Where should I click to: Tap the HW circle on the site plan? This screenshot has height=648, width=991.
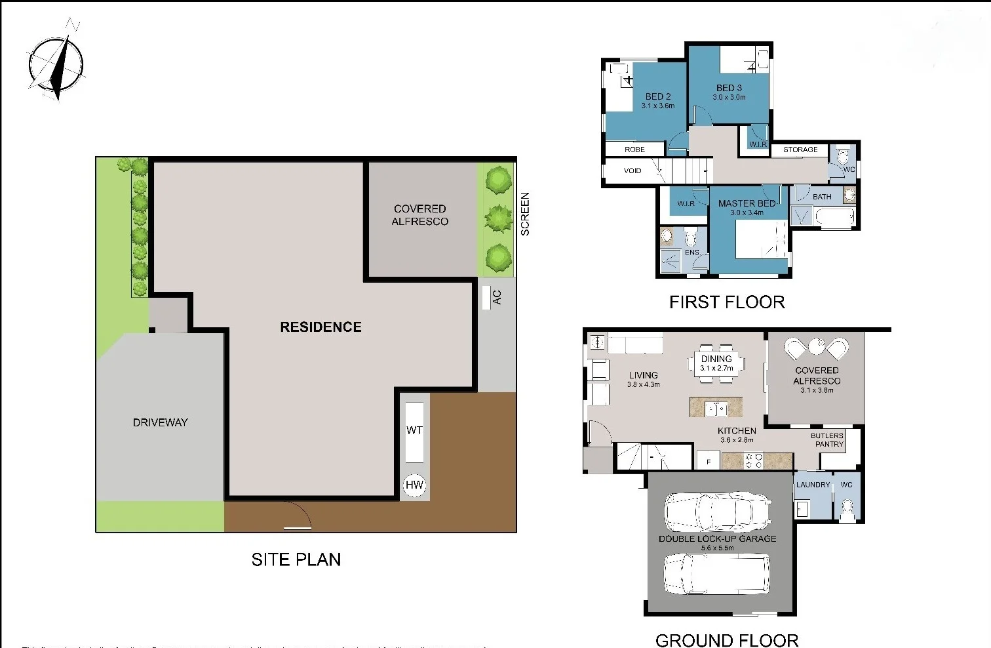(414, 485)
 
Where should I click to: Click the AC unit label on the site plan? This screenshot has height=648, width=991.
(496, 297)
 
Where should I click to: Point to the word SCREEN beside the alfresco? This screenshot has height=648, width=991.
(525, 214)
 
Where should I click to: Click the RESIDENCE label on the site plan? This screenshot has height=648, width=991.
(321, 327)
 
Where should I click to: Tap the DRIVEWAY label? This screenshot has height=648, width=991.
(160, 422)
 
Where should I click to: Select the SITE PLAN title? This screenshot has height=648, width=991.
(296, 559)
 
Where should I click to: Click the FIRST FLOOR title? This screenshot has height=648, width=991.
(727, 302)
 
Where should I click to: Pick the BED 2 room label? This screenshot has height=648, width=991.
(658, 96)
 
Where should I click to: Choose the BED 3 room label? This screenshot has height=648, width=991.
(729, 88)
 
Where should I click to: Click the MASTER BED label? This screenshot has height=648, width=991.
(747, 203)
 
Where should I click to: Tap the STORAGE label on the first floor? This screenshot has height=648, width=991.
(800, 150)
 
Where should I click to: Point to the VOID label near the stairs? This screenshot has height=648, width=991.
(632, 171)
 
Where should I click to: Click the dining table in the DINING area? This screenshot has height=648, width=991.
(717, 363)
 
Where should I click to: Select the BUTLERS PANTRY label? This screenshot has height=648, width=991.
(827, 439)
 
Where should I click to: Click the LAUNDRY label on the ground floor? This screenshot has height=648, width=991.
(813, 485)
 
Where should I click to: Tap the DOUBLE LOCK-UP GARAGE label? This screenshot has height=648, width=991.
(717, 538)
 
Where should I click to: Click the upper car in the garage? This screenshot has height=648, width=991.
(717, 512)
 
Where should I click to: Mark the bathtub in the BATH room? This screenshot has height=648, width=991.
(834, 216)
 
